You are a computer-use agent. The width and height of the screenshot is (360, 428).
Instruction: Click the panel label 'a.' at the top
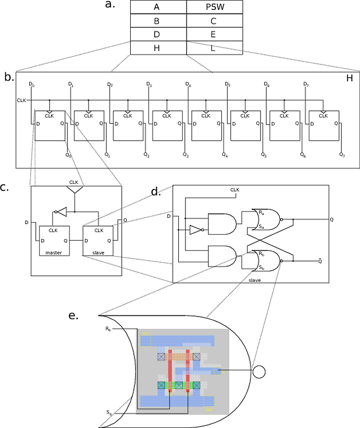(x=109, y=8)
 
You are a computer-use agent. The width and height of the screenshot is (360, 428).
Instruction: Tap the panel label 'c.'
(x=7, y=185)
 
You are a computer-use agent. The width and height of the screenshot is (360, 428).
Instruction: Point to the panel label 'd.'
(x=155, y=190)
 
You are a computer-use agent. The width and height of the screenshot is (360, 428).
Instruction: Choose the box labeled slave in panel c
(x=98, y=241)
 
